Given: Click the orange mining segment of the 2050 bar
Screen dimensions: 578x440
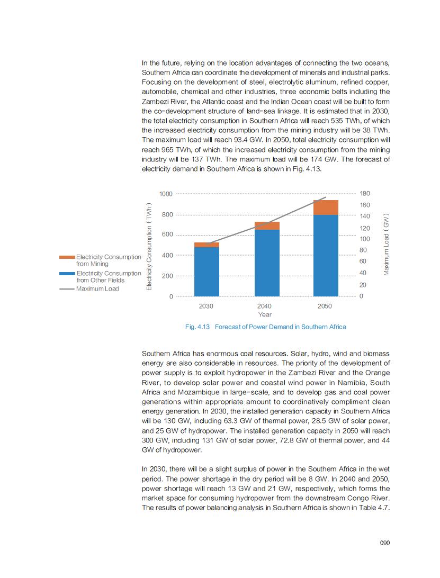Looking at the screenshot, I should pos(326,207).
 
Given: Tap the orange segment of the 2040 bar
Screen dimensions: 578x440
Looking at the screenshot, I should pos(267,226).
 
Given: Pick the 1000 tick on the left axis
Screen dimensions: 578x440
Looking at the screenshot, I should pos(166,194).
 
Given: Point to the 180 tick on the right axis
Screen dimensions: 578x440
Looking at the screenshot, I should pos(365,194).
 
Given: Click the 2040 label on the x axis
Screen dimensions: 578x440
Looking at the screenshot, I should pos(264,306).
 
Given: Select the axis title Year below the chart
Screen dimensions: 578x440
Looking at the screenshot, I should pos(265,314).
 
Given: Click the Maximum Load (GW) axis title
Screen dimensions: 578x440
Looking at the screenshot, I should pos(387,245).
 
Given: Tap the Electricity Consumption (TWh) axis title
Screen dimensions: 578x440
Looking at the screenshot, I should pos(149,246).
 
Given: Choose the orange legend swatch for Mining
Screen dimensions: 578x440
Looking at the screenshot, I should pos(67,257).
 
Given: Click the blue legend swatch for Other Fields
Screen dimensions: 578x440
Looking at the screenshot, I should pos(67,273).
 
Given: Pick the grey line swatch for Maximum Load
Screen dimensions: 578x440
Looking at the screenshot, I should pos(67,289).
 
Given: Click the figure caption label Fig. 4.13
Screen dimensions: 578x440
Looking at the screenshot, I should pos(198,327).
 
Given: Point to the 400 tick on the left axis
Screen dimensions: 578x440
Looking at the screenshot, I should pos(167,256).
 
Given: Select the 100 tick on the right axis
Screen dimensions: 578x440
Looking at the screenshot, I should pos(365,239).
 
